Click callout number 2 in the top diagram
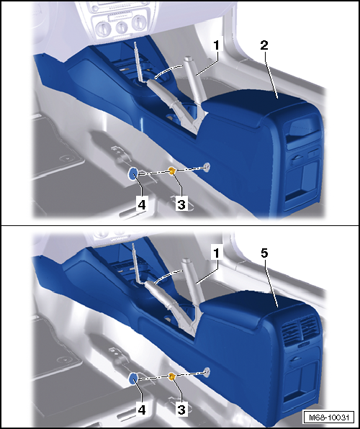264,45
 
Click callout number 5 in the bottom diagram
264,253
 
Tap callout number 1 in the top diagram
217,45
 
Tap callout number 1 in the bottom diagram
217,253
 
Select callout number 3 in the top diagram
181,204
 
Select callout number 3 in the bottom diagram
181,410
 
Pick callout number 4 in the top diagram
142,204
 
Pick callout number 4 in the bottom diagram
142,410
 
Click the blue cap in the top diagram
133,173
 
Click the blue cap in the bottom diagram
133,379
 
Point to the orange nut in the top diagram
171,171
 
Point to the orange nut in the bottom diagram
171,377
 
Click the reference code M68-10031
329,417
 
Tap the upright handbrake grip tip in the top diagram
189,58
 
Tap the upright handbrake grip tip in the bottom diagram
186,260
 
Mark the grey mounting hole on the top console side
207,166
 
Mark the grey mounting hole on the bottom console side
207,371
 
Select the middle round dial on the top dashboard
121,27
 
